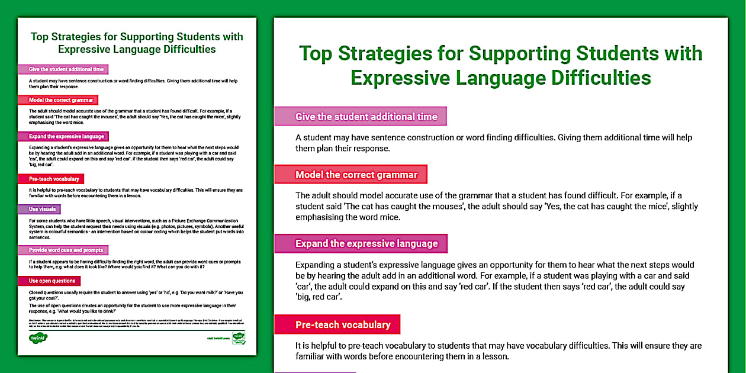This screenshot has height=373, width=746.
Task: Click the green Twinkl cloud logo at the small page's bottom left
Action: click(38, 338)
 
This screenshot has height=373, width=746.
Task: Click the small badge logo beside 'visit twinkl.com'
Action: click(239, 339)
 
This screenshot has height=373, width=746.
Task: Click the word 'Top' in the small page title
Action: click(40, 36)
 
